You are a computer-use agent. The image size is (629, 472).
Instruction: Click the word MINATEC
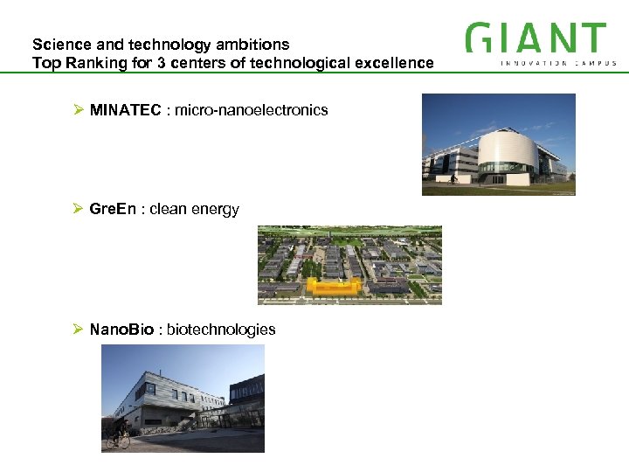[x=126, y=110]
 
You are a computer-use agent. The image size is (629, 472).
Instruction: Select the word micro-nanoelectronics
[x=252, y=110]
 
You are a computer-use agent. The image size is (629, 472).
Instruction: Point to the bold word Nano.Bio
[x=121, y=330]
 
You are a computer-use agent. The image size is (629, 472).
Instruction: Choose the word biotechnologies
[x=221, y=330]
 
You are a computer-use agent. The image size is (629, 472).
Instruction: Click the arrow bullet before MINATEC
[x=78, y=110]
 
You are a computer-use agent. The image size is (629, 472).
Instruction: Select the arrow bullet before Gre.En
[x=78, y=209]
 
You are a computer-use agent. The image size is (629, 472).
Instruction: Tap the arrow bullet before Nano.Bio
[x=78, y=330]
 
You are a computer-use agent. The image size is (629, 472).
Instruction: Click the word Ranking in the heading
[x=93, y=63]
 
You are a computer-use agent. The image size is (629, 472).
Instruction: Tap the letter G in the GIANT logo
[x=479, y=38]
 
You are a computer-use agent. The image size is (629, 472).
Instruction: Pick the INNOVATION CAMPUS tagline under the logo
[x=558, y=63]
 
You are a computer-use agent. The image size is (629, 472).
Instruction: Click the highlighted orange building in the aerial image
[x=332, y=286]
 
